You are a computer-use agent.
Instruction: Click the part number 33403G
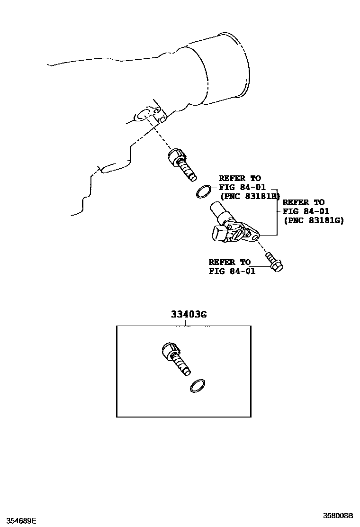click(x=189, y=315)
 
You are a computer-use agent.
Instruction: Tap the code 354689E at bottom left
click(x=18, y=521)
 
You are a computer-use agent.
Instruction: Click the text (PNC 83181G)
click(x=313, y=220)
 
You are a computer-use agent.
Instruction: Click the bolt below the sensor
click(x=274, y=262)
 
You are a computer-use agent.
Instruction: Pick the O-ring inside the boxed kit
click(x=198, y=386)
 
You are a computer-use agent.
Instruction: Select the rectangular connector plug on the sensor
click(x=220, y=234)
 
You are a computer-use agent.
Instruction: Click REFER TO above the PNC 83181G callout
click(x=304, y=202)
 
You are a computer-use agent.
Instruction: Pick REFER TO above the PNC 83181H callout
click(x=240, y=178)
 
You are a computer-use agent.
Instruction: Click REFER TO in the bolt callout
click(x=230, y=262)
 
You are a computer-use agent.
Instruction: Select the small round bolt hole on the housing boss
click(x=162, y=120)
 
